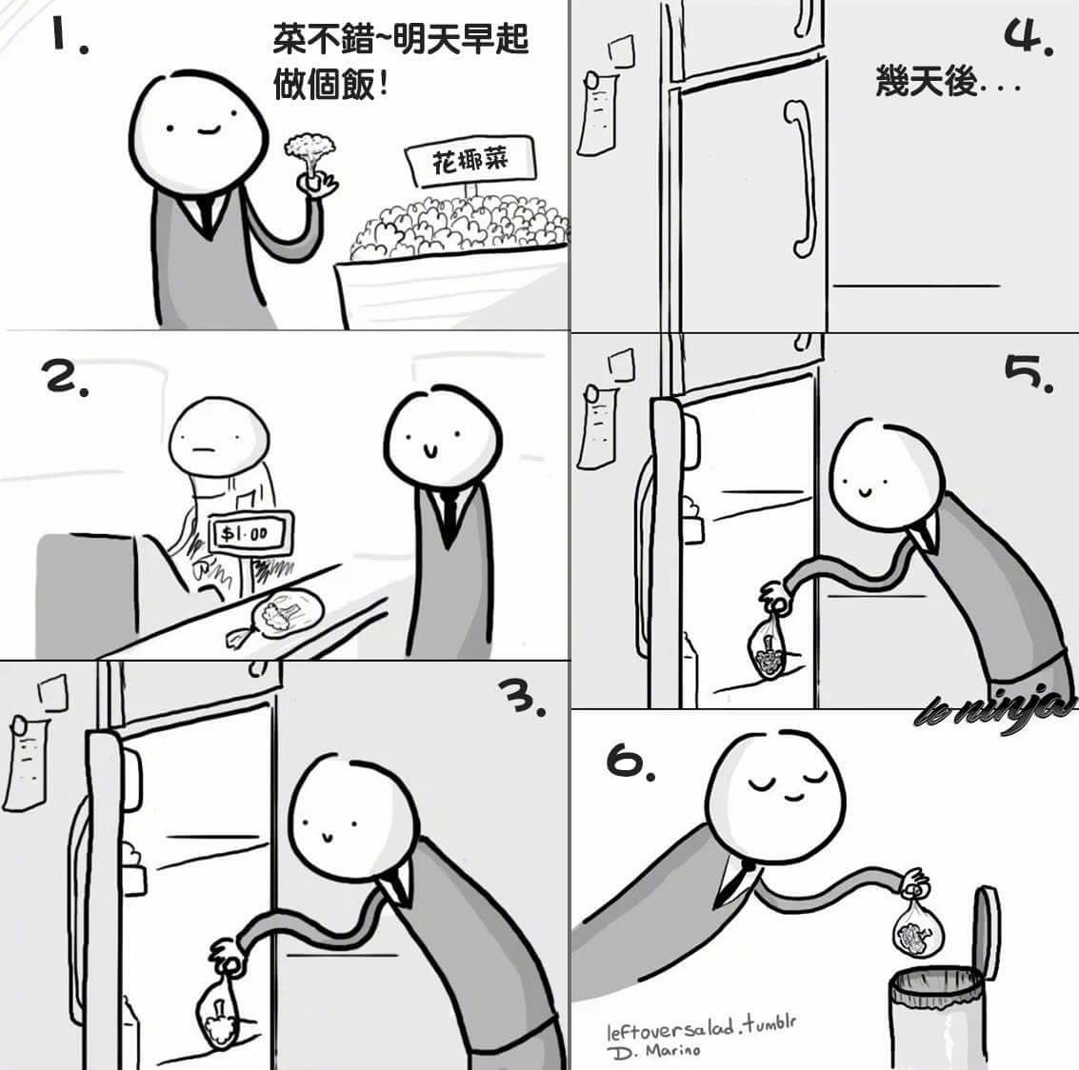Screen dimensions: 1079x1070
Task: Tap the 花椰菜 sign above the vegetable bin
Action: [470, 161]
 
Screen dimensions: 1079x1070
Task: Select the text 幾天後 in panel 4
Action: [927, 81]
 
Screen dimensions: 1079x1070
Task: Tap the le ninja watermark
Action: [995, 708]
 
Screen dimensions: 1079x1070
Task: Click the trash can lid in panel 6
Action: [986, 932]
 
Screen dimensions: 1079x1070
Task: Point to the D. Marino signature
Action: [653, 1051]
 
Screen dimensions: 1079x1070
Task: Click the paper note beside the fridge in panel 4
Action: [596, 113]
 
